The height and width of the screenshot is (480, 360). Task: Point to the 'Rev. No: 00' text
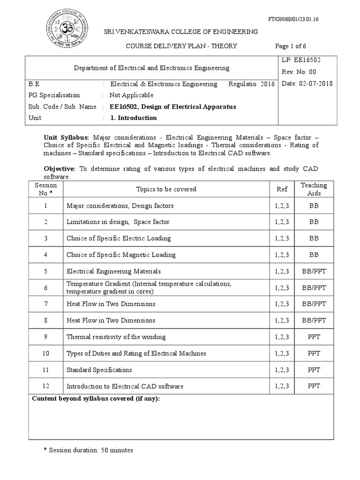(299, 72)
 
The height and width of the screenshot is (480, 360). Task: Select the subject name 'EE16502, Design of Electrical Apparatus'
(173, 106)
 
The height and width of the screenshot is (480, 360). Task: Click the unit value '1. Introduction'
(134, 118)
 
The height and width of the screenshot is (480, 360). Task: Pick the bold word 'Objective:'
(60, 169)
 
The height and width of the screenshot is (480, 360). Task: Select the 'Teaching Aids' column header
(314, 189)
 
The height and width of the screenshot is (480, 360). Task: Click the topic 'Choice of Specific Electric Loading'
(119, 238)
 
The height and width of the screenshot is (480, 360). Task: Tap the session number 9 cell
(46, 337)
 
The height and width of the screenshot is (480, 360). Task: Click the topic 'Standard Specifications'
(99, 370)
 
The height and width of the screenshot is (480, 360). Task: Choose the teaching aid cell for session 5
(314, 271)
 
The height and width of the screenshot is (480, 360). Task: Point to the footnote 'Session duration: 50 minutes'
(88, 450)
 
